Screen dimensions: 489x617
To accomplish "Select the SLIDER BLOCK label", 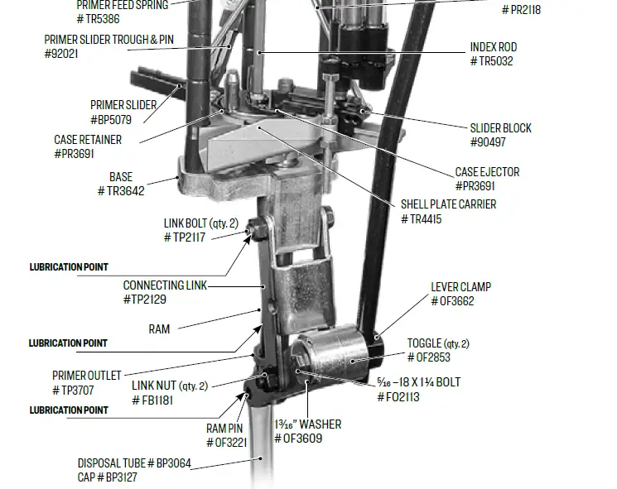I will click(500, 128).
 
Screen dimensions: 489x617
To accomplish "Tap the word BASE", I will click(121, 177).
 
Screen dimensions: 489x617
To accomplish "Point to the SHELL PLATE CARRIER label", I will click(448, 204).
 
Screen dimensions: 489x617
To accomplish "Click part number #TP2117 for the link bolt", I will click(185, 237).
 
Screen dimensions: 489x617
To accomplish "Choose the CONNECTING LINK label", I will click(165, 285).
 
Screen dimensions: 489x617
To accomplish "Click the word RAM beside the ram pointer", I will click(159, 329).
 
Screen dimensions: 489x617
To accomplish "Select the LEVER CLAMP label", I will click(460, 287).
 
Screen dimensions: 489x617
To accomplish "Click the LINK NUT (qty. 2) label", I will click(169, 386).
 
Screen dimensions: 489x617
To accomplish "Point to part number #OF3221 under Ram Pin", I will click(224, 443).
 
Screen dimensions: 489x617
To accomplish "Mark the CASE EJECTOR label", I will click(487, 172).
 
